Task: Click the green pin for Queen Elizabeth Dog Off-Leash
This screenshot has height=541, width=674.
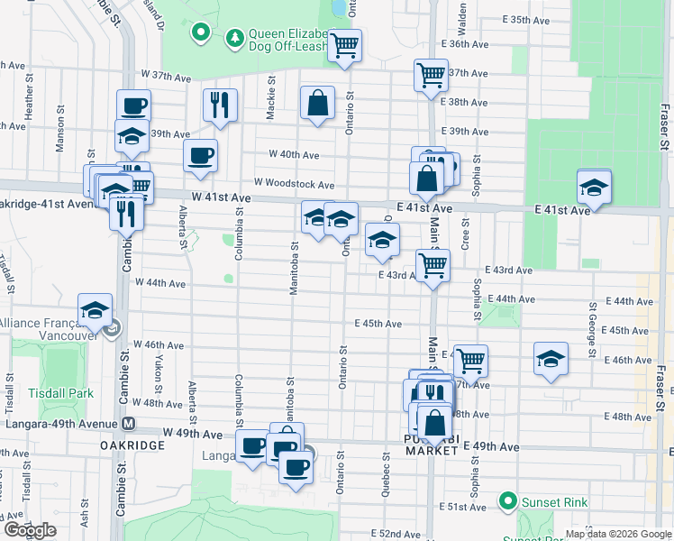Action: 201,35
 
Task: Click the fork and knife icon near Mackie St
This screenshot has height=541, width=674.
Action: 220,105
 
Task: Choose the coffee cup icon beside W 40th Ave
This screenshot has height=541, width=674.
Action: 200,154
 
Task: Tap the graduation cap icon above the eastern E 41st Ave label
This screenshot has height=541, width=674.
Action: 593,187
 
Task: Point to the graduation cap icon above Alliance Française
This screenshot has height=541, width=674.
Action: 95,310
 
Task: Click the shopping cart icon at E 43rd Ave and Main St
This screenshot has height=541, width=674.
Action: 433,266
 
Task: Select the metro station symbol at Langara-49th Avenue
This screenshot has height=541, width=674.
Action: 129,424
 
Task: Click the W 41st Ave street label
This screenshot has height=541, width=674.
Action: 221,197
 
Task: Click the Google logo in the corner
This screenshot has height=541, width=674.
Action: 30,530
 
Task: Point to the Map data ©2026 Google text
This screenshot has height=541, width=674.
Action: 617,534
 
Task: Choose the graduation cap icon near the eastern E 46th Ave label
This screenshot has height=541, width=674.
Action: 551,359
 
